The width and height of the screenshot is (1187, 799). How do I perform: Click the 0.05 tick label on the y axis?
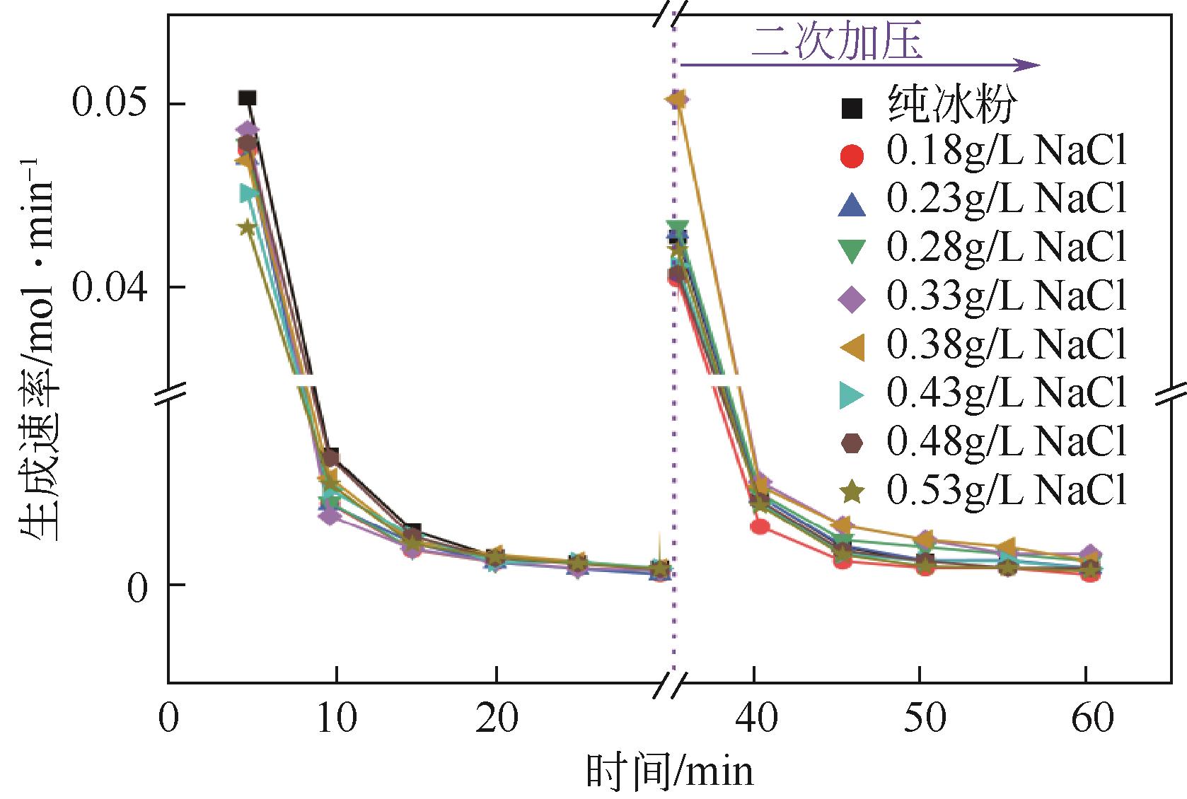tap(106, 104)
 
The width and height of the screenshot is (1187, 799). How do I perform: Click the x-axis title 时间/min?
tap(669, 772)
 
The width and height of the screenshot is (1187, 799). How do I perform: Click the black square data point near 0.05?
tap(247, 98)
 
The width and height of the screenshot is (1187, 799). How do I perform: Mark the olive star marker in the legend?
tap(852, 491)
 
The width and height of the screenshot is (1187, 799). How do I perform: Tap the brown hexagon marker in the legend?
tap(852, 443)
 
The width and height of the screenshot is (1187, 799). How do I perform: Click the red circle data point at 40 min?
tap(760, 526)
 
